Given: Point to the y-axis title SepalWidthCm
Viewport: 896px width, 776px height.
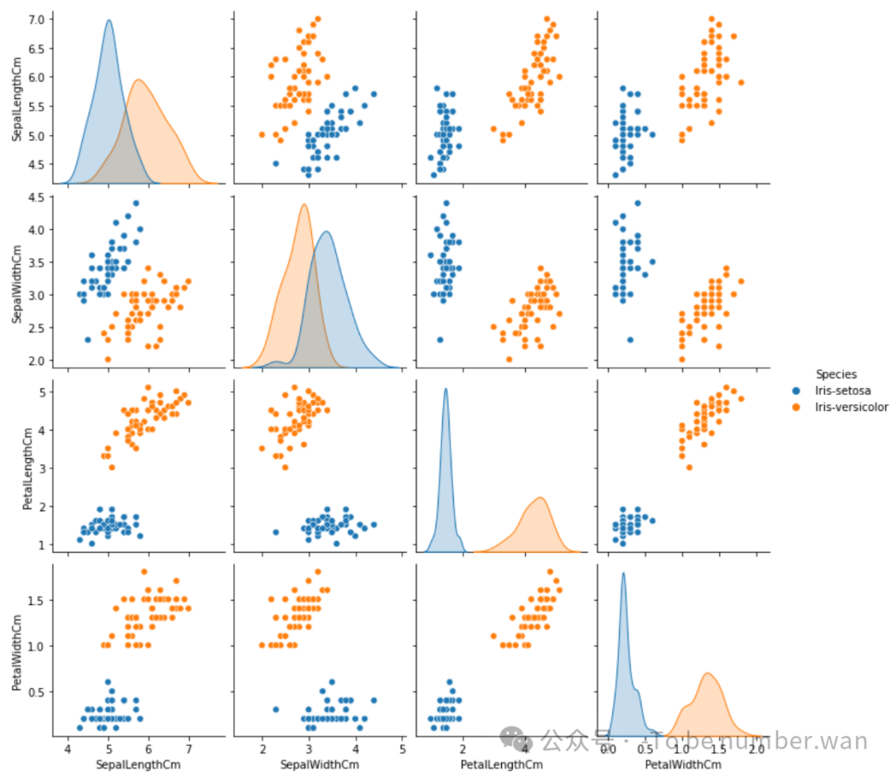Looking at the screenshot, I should [17, 281].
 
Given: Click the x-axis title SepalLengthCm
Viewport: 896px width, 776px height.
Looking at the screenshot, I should [139, 764].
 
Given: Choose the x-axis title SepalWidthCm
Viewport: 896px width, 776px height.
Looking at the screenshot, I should [319, 764].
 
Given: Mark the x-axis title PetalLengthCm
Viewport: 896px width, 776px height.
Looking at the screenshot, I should [501, 764].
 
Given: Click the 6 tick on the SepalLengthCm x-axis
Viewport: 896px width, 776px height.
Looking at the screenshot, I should [149, 749].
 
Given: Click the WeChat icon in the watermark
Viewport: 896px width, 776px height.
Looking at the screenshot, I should [515, 738].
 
